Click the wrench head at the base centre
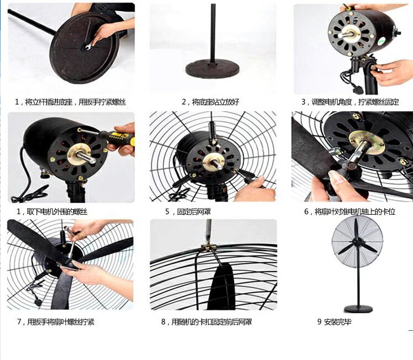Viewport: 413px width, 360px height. pyautogui.click(x=88, y=47)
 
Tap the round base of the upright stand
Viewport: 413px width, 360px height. pyautogui.click(x=213, y=68)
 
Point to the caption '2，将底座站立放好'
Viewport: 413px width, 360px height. pyautogui.click(x=210, y=102)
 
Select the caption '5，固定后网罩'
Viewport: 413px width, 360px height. pyautogui.click(x=188, y=211)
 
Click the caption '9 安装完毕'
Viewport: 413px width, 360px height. pyautogui.click(x=334, y=321)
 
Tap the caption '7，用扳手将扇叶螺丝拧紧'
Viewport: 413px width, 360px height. pyautogui.click(x=56, y=321)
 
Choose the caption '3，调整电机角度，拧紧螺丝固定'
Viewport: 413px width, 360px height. pyautogui.click(x=350, y=102)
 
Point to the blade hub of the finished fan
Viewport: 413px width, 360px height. pyautogui.click(x=357, y=242)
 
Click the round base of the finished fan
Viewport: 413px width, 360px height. pyautogui.click(x=358, y=309)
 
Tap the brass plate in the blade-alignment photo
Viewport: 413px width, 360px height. pyautogui.click(x=366, y=141)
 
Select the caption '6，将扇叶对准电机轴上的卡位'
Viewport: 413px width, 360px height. pyautogui.click(x=350, y=211)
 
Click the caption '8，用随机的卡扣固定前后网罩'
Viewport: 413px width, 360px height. pyautogui.click(x=206, y=321)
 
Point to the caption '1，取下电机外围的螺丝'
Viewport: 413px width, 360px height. pyautogui.click(x=52, y=211)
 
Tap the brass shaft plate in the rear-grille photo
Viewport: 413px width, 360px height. pyautogui.click(x=214, y=161)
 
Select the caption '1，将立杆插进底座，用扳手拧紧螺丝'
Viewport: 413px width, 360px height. pyautogui.click(x=70, y=102)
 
